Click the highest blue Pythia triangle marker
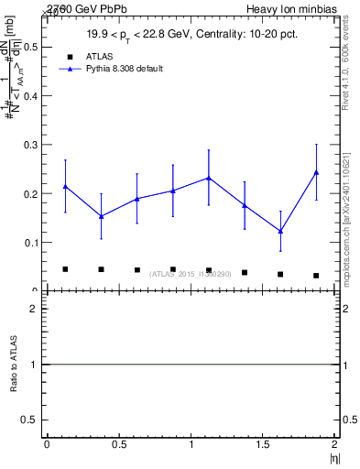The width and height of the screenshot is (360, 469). [x=316, y=172]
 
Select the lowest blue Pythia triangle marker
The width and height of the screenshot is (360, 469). [x=280, y=231]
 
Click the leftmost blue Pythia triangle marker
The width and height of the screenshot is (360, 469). [x=65, y=186]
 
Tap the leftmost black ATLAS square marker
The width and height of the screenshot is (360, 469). [x=65, y=269]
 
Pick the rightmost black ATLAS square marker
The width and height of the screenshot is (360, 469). [x=316, y=276]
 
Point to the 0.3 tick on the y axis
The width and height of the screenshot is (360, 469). [x=34, y=145]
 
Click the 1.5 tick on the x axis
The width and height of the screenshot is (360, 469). [x=262, y=444]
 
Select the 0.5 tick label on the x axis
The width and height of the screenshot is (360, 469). [x=118, y=444]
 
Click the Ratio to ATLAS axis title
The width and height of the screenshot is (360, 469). [x=16, y=365]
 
